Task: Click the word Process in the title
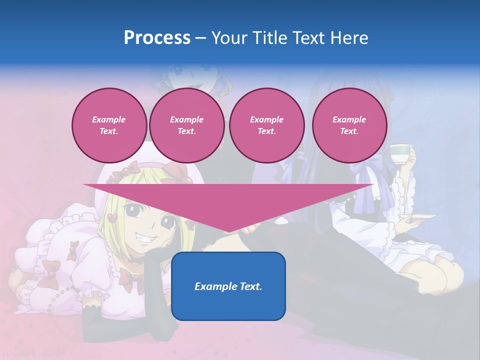coord(157,38)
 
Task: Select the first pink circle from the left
coord(109,125)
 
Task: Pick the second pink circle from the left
coord(187,125)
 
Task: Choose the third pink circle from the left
coord(267,125)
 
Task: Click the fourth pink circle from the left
coord(349,125)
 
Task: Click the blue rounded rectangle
coord(228,286)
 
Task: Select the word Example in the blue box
coord(213,286)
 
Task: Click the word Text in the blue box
coord(250,286)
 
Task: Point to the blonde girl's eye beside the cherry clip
coord(132,210)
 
